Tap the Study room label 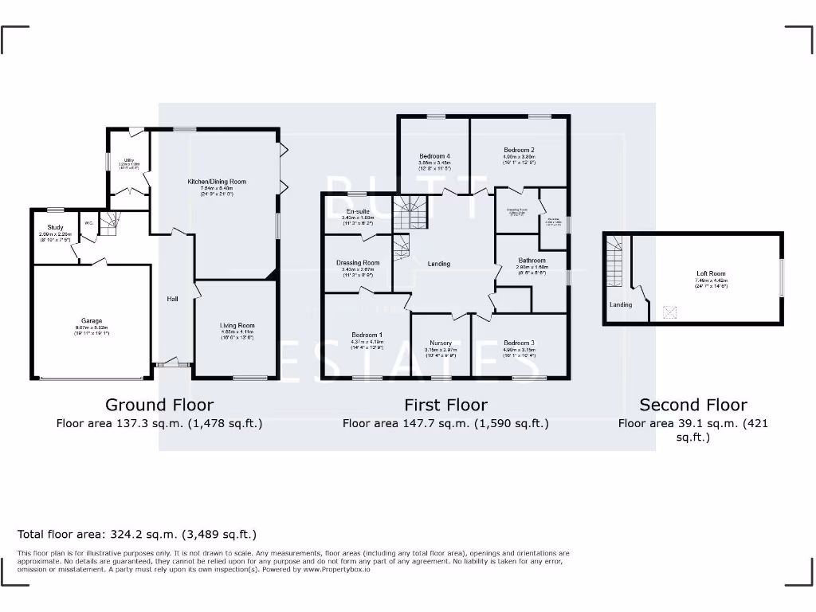55,228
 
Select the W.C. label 90,223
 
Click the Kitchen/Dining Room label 217,182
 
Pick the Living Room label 237,325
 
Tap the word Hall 172,299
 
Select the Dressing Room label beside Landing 358,262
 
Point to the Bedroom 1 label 367,335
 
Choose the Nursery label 440,343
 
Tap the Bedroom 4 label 435,156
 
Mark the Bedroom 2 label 519,150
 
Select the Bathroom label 532,261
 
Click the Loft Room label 711,274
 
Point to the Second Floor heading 692,405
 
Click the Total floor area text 137,534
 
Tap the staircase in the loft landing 614,263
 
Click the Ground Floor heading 159,405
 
